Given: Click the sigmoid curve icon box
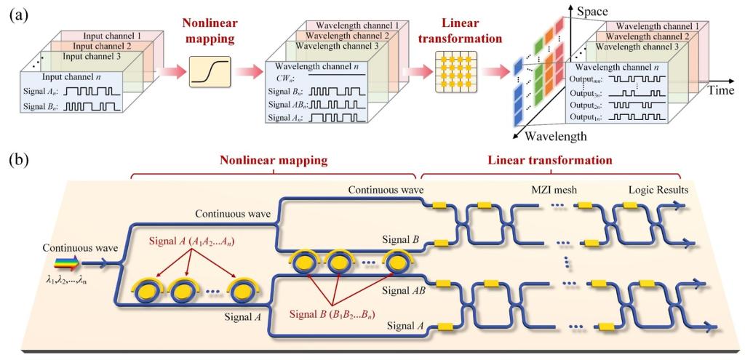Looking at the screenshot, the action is (210, 72).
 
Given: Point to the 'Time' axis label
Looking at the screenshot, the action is (720, 90).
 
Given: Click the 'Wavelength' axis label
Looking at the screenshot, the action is (555, 137).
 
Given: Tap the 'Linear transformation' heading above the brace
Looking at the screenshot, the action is (551, 160).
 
